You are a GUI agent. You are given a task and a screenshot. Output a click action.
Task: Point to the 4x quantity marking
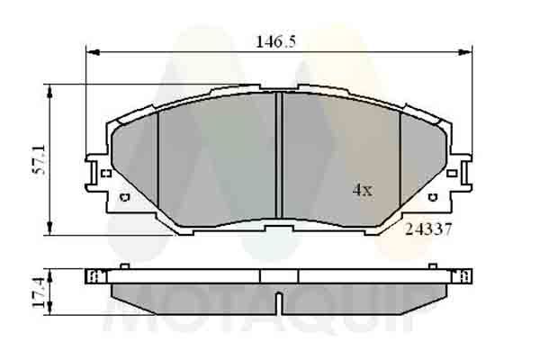click(361, 190)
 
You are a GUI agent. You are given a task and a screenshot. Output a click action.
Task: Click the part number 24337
click(428, 229)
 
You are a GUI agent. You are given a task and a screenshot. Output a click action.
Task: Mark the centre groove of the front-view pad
click(279, 157)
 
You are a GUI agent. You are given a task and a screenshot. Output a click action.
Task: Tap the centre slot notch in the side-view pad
click(279, 299)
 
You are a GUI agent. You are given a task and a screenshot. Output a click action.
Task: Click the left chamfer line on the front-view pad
click(158, 162)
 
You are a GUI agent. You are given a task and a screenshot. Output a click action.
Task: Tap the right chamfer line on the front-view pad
click(400, 162)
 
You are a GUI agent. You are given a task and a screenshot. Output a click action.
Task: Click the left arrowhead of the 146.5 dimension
click(90, 50)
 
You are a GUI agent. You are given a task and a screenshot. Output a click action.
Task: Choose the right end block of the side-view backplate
click(464, 275)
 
